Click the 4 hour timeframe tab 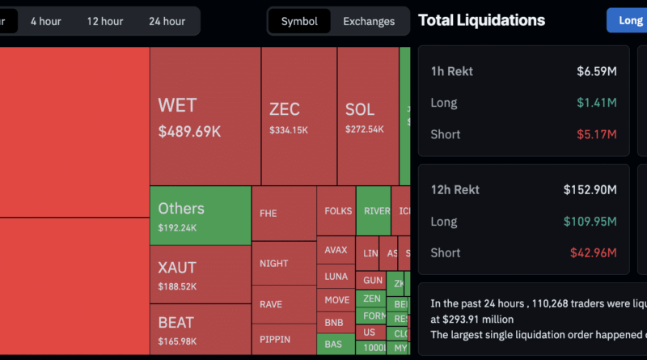pyautogui.click(x=45, y=21)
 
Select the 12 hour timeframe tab pyautogui.click(x=105, y=21)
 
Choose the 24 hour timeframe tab pyautogui.click(x=167, y=21)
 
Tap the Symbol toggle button pyautogui.click(x=299, y=21)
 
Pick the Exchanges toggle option pyautogui.click(x=369, y=21)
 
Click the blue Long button pyautogui.click(x=628, y=20)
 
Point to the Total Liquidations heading pyautogui.click(x=481, y=20)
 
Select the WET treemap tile pyautogui.click(x=205, y=116)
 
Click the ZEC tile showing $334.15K pyautogui.click(x=298, y=116)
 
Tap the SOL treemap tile pyautogui.click(x=367, y=116)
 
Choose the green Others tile pyautogui.click(x=200, y=216)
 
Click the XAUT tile pyautogui.click(x=200, y=274)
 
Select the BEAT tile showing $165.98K pyautogui.click(x=200, y=331)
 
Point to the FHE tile pyautogui.click(x=283, y=214)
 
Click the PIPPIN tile pyautogui.click(x=283, y=339)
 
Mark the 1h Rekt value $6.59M pyautogui.click(x=597, y=71)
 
